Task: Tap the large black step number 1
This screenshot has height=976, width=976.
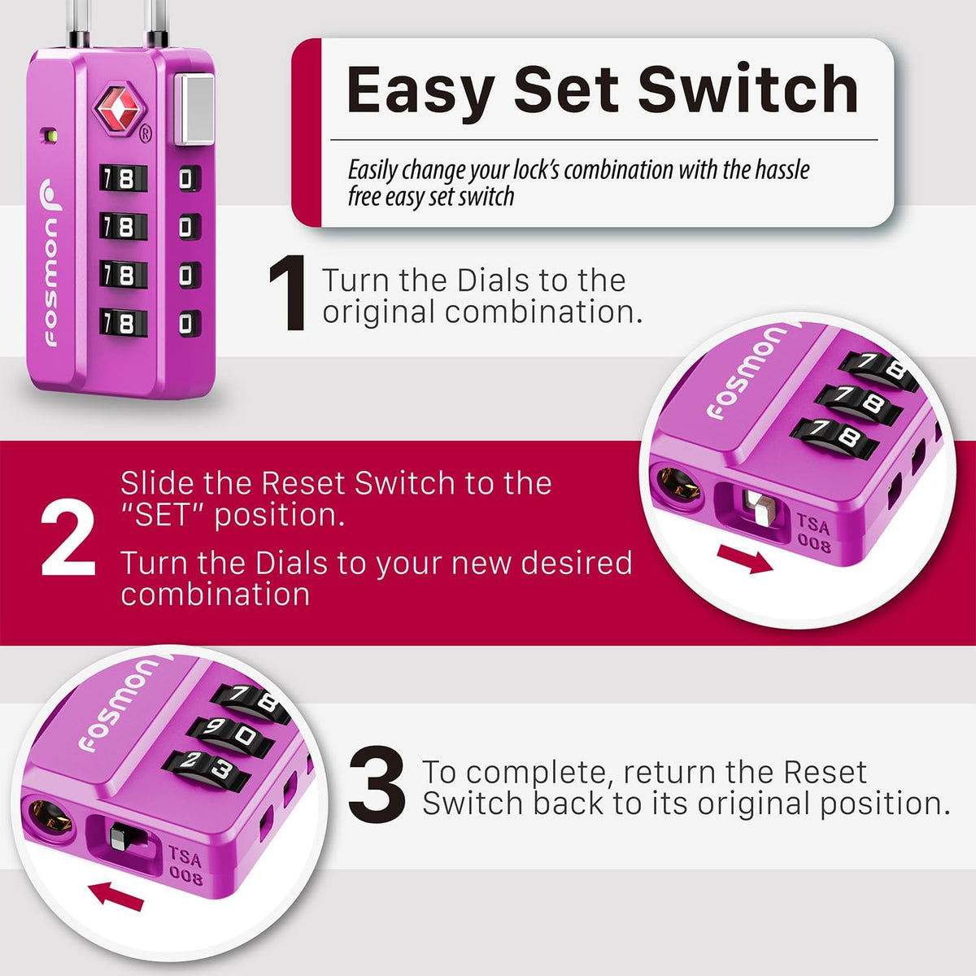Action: (x=287, y=293)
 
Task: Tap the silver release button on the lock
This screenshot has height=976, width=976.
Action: (x=194, y=109)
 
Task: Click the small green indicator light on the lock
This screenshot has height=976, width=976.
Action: (x=50, y=136)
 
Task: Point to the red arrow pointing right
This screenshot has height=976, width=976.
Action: (x=745, y=559)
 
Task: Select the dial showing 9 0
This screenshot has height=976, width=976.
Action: (x=230, y=735)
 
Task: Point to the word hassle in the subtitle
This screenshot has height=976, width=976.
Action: (x=782, y=169)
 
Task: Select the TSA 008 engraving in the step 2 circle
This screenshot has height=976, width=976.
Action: (x=814, y=533)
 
